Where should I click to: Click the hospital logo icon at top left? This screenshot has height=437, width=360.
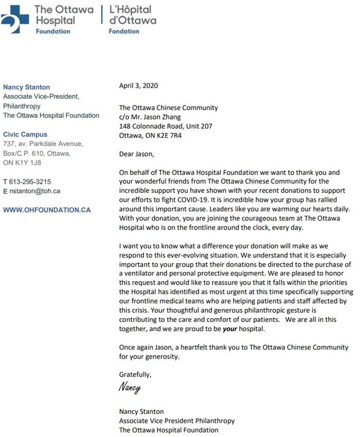coord(16,18)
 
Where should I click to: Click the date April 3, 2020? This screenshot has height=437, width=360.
coord(138,85)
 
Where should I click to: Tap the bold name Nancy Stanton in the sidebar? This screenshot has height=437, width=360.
coord(27,87)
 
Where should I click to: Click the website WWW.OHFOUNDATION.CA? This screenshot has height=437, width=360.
coord(47,210)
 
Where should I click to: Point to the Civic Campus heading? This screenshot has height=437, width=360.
coord(25,135)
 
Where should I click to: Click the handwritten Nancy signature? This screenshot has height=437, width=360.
coord(130,388)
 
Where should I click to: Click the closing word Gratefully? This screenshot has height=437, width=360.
coord(135,375)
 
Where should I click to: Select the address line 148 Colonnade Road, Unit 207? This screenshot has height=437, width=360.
coord(165,126)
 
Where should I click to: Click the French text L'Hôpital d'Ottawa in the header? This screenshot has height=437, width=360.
coord(132,15)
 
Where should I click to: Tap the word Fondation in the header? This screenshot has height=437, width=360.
coord(124,31)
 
